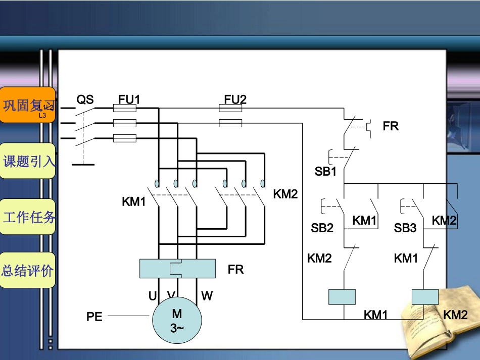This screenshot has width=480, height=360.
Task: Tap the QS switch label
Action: click(x=85, y=100)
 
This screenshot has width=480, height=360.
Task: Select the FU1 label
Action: click(x=129, y=100)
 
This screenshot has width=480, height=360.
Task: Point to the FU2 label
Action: click(x=235, y=100)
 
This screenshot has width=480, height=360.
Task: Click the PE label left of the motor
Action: click(x=94, y=317)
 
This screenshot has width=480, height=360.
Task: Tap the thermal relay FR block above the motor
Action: click(x=177, y=268)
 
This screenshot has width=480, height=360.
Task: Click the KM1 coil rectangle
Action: click(x=342, y=297)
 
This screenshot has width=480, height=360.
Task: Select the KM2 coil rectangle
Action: click(x=425, y=297)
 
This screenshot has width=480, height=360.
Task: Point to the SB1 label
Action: click(x=325, y=172)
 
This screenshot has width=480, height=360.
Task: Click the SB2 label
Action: click(x=322, y=228)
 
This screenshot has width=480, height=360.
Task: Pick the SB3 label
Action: click(x=405, y=228)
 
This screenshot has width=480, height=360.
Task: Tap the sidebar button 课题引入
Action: click(x=28, y=162)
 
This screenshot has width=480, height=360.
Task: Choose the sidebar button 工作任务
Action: click(x=28, y=217)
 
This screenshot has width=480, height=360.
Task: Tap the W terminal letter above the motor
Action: click(x=207, y=296)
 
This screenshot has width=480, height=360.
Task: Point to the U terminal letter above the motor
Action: click(x=152, y=296)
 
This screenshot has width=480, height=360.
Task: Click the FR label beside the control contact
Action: click(x=391, y=126)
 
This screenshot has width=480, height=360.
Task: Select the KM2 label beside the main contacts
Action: click(x=285, y=194)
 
